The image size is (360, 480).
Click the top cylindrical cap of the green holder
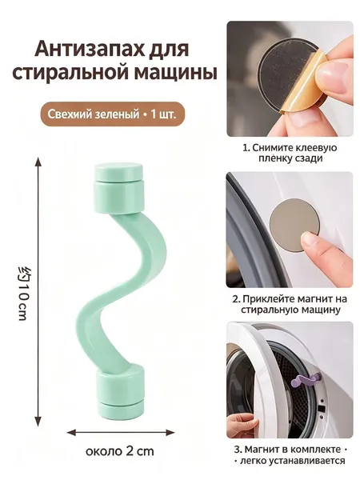(119, 188)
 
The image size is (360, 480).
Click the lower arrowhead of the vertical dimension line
(38, 422)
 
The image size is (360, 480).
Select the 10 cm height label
(23, 293)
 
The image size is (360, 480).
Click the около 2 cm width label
(120, 451)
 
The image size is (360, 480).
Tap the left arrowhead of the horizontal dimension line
(71, 432)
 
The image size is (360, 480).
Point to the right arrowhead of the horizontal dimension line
(170, 432)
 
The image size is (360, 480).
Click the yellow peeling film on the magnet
(306, 86)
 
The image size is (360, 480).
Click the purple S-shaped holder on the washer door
(306, 379)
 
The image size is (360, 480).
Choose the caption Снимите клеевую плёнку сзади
(290, 153)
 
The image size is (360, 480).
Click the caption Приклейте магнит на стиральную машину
(290, 304)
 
